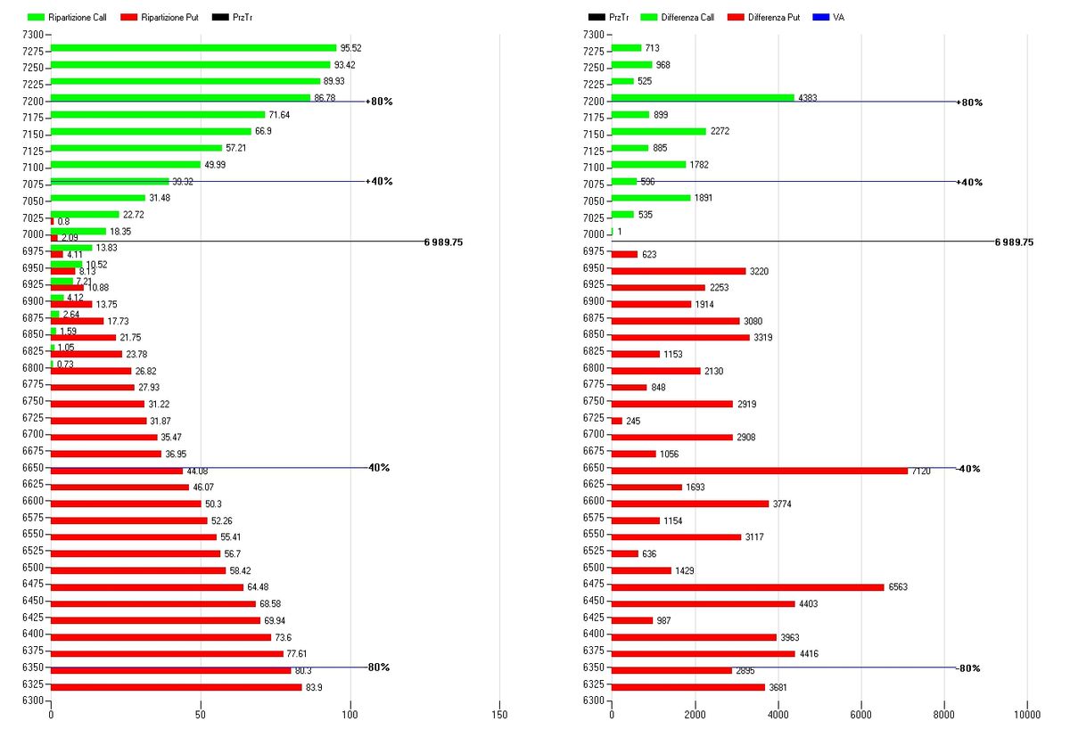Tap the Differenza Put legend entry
(x=764, y=17)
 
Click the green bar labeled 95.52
(x=193, y=48)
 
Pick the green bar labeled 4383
(x=703, y=98)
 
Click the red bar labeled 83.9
(x=177, y=687)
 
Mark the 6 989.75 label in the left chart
(x=443, y=242)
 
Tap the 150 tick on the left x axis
(x=499, y=715)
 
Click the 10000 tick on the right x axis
(x=1027, y=715)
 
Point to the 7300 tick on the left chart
(x=32, y=34)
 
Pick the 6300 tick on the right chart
(x=592, y=700)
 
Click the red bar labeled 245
(x=616, y=421)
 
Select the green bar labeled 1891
(x=651, y=198)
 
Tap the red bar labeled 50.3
(x=126, y=504)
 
